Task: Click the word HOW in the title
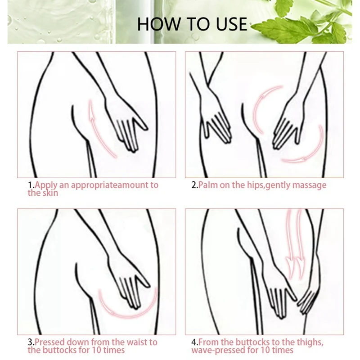159,24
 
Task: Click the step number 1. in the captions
31,185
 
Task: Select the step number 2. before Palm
195,185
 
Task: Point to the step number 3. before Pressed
31,342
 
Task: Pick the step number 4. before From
195,342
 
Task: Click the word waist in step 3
137,342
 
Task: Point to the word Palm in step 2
208,185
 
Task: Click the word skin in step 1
50,193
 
